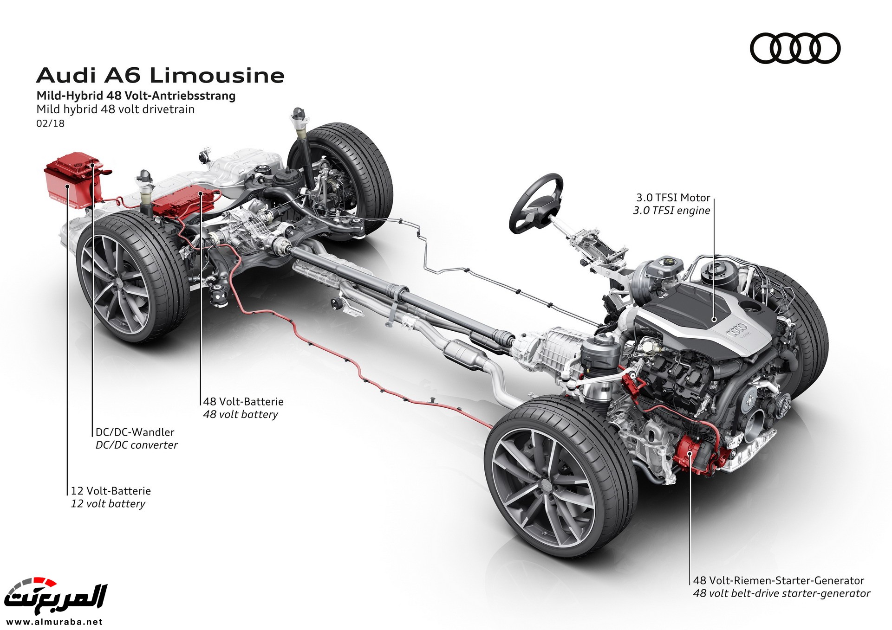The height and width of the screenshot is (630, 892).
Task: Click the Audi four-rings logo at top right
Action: click(x=795, y=48)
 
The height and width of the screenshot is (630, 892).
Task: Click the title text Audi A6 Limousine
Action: click(x=160, y=76)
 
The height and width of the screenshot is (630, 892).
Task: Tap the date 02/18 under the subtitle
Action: click(x=50, y=123)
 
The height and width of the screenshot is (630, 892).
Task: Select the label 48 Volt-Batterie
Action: click(x=243, y=401)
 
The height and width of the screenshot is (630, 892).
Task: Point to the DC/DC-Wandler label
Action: click(x=135, y=432)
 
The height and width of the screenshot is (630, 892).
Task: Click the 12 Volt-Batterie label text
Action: click(x=111, y=490)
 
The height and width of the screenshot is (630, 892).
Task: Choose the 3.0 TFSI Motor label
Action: click(x=673, y=198)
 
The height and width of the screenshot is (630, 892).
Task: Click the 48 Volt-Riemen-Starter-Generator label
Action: click(x=778, y=580)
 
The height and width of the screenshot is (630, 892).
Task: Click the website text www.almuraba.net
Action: click(x=54, y=622)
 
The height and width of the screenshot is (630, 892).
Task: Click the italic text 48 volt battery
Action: click(x=240, y=414)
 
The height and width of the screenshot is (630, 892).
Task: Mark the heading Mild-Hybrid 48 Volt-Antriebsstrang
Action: click(x=136, y=96)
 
